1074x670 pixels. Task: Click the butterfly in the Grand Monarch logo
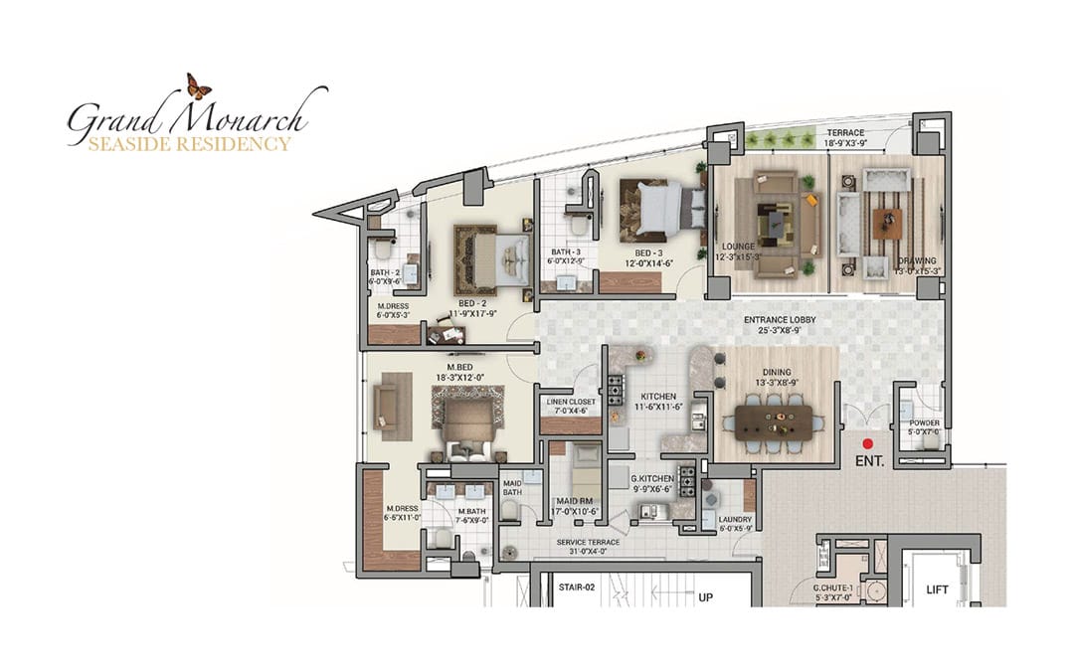click(x=199, y=86)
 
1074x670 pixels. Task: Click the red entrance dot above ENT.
click(x=867, y=443)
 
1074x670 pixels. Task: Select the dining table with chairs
click(x=779, y=423)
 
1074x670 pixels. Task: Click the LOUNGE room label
click(x=739, y=246)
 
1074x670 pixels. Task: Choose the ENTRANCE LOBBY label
click(x=780, y=320)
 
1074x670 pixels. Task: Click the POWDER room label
click(x=924, y=423)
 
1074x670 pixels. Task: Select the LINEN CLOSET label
click(x=570, y=403)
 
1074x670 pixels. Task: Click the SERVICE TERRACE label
click(x=588, y=542)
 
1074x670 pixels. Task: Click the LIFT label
click(x=937, y=589)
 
